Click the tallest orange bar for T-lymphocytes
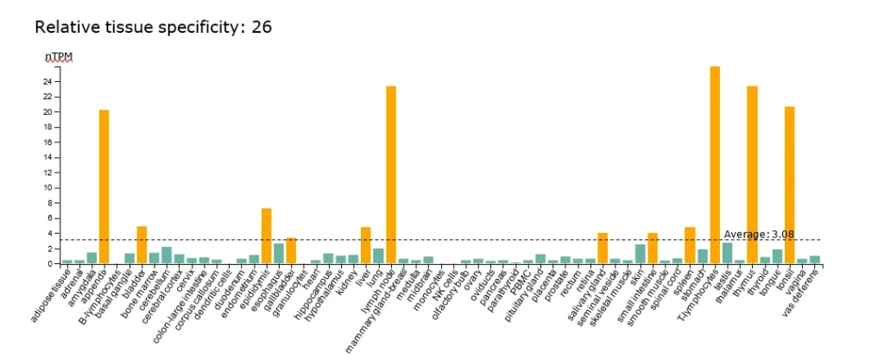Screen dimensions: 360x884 (x=715, y=164)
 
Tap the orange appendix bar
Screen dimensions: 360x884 (x=104, y=186)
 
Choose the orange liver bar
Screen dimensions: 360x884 (x=366, y=245)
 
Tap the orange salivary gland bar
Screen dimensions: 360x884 (x=603, y=248)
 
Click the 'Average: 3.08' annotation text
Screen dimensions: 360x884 (x=759, y=234)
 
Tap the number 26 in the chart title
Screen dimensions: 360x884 (x=262, y=27)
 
